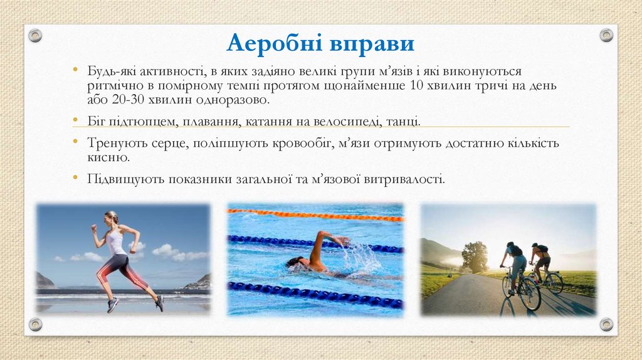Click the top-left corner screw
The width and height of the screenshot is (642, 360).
(36, 35)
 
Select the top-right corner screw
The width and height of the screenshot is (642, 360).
(606, 35)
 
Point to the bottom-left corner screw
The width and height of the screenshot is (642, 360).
(36, 324)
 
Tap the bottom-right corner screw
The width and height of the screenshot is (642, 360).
(606, 324)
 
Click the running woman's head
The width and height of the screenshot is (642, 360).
(112, 218)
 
